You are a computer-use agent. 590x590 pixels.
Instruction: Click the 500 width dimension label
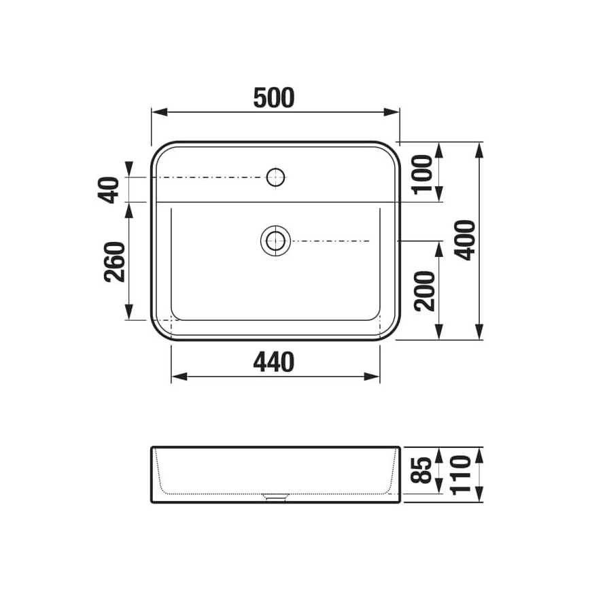click(x=274, y=99)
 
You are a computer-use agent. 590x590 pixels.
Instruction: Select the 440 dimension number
click(x=274, y=362)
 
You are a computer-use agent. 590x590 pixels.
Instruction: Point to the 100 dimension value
click(x=423, y=172)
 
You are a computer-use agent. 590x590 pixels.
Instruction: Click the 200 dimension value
click(x=423, y=290)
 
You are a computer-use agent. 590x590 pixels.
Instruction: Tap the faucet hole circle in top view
click(x=275, y=177)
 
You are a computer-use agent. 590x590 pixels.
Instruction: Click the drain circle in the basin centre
click(x=275, y=241)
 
